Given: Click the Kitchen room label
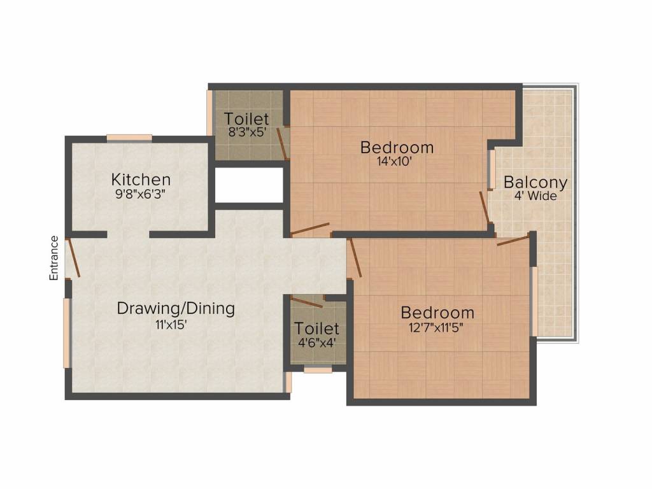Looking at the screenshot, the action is tap(141, 180).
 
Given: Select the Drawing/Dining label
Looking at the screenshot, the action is tap(176, 309).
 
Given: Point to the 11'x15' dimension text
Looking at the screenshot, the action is tap(171, 325).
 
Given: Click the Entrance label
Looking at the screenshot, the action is tap(54, 258).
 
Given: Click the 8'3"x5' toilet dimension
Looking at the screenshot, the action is tap(247, 132).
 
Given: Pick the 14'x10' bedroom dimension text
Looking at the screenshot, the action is tap(394, 161).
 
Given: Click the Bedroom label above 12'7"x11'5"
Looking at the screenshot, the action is tap(437, 312).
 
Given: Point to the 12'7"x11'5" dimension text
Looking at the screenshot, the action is tap(436, 328).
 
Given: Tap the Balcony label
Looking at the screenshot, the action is tap(535, 183).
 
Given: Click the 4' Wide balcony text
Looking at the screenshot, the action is tap(535, 196).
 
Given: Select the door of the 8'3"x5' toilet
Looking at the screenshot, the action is tap(282, 144).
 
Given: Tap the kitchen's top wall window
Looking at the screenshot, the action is tap(129, 138).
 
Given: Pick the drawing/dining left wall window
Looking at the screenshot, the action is tap(66, 333).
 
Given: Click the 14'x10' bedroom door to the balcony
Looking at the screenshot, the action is tap(485, 207).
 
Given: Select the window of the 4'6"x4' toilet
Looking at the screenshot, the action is tap(318, 369).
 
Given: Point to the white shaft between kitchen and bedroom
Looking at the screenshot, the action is tap(249, 185).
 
